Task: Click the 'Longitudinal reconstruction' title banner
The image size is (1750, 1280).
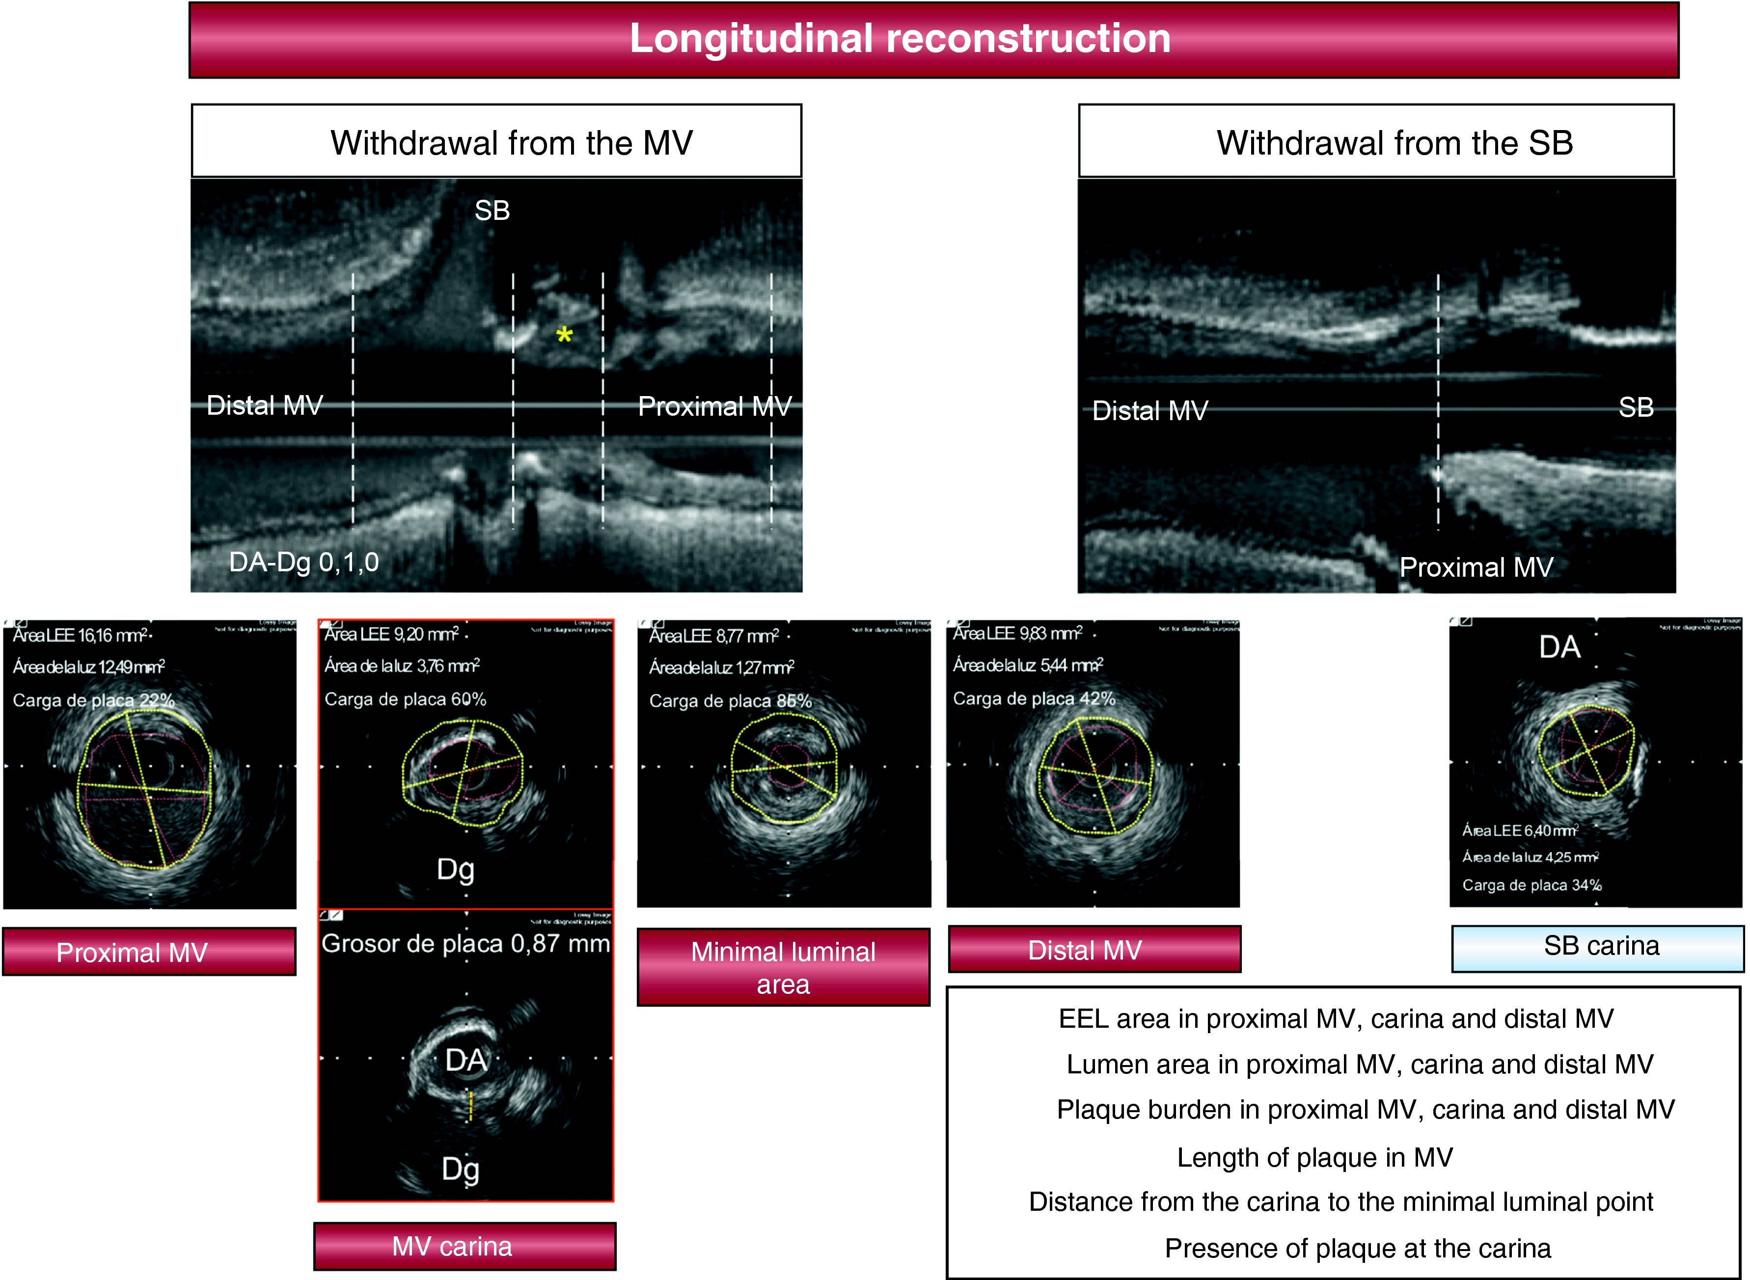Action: click(899, 39)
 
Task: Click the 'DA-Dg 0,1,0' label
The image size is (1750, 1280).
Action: click(304, 562)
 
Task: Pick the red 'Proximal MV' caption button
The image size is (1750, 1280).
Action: click(132, 952)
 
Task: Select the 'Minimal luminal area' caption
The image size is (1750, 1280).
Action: click(783, 967)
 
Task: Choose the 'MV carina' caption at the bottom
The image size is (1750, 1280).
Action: click(452, 1246)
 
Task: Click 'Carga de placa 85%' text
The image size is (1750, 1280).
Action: click(730, 701)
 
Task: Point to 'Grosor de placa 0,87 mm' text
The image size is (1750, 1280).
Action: click(465, 944)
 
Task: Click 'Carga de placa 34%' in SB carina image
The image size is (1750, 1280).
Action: click(1531, 885)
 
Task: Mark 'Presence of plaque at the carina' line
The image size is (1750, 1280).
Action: click(1358, 1248)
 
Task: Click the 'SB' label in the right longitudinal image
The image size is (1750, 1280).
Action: click(1635, 407)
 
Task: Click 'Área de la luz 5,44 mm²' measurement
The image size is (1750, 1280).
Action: click(1028, 666)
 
